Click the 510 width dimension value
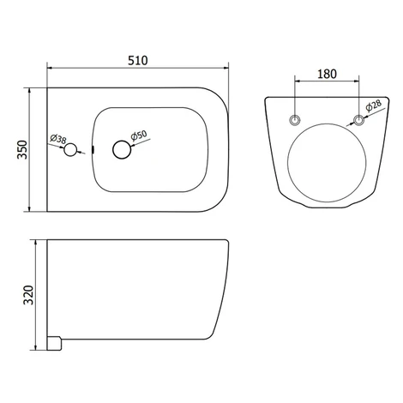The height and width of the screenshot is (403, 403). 138,61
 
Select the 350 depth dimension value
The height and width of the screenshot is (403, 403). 22,149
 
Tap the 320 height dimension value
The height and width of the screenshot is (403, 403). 28,295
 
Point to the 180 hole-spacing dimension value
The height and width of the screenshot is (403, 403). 327,74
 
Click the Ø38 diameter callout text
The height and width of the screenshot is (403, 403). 58,139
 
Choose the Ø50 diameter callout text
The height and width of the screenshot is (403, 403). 139,135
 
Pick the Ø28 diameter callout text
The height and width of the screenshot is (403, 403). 374,105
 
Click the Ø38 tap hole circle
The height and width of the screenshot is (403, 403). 70,150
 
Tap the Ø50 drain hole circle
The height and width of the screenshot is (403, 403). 122,149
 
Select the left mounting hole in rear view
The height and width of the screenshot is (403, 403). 295,120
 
